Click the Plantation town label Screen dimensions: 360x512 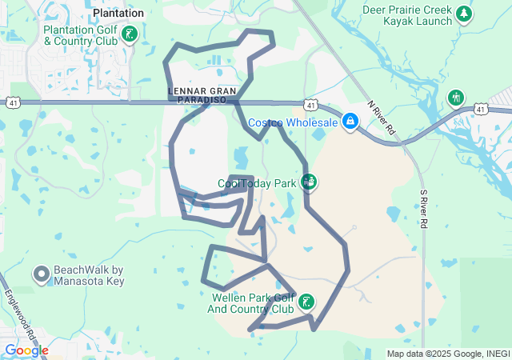[118, 13]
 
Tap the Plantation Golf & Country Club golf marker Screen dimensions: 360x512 [130, 34]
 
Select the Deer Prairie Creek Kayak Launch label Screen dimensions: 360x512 [406, 15]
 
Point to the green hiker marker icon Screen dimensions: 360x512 [456, 98]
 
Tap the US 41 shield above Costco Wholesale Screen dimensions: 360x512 [310, 104]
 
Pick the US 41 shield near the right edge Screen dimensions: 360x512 [480, 108]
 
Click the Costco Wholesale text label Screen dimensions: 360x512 [292, 122]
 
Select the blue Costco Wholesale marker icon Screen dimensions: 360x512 [350, 122]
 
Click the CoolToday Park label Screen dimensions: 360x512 [258, 183]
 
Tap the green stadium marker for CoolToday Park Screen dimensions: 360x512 [310, 182]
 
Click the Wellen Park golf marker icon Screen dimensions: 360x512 [306, 302]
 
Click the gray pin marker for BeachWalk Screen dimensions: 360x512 [42, 275]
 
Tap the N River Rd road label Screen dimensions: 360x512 [381, 117]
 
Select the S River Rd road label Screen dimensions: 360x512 [423, 210]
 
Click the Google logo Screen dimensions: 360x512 [26, 350]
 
